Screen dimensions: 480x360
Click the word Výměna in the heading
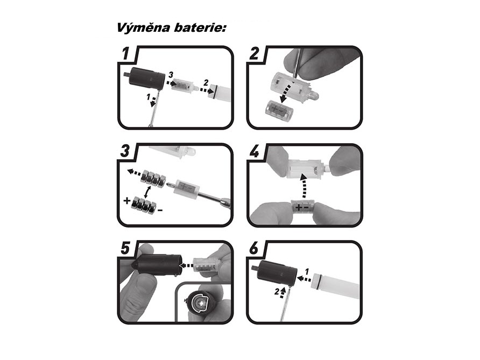tap(143, 27)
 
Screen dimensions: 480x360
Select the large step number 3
tap(125, 151)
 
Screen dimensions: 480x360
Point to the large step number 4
tap(255, 151)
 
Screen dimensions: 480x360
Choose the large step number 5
tap(125, 248)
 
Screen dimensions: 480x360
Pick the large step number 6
tap(255, 248)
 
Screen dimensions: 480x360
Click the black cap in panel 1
tap(146, 79)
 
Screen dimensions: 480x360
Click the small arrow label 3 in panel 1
tap(171, 74)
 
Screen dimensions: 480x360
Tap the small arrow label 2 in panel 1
tap(206, 82)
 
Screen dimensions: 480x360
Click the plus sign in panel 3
tap(127, 201)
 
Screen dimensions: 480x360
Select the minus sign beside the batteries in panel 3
tap(160, 210)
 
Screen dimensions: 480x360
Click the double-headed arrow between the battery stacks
tap(148, 192)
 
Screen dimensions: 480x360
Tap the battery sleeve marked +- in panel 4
tap(302, 207)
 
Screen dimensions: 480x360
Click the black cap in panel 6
tap(277, 274)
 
